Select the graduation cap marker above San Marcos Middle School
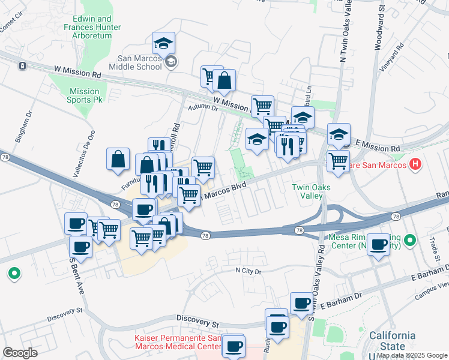coord(163,43)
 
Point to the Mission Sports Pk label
coord(84,95)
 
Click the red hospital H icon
coord(415,164)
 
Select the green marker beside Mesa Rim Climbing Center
coord(410,241)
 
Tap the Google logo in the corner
coord(20,353)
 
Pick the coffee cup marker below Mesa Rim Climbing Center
coord(378,245)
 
